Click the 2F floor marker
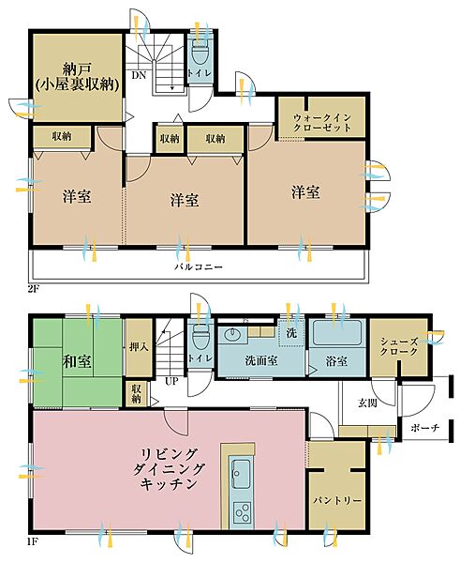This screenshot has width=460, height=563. coord(36,287)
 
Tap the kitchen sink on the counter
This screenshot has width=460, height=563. coord(240,472)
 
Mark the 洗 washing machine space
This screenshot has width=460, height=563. coord(290,332)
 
